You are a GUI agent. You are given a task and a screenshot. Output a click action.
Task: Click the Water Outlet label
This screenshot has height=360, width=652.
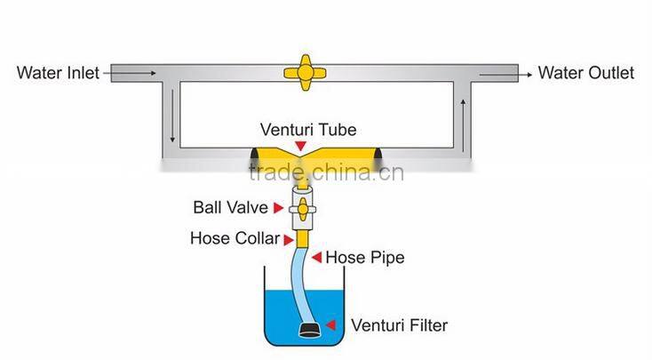click(586, 72)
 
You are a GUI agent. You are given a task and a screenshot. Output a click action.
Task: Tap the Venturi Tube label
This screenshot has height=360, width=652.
click(301, 128)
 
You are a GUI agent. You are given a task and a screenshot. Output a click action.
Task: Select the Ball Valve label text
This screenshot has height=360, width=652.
click(231, 208)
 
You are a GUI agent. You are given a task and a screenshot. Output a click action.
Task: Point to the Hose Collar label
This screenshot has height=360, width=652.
click(235, 238)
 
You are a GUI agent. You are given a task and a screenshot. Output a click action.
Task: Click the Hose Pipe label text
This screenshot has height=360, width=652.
click(365, 258)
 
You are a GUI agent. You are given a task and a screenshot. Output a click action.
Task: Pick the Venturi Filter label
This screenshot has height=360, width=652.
click(400, 325)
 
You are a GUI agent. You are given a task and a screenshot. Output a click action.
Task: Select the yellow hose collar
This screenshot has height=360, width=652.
click(302, 237)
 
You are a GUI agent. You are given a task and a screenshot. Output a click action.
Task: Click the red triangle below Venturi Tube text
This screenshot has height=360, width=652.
click(302, 145)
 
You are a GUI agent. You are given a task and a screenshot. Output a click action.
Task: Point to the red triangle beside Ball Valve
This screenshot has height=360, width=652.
click(278, 208)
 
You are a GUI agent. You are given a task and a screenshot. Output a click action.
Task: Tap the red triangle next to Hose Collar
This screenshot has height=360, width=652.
click(288, 238)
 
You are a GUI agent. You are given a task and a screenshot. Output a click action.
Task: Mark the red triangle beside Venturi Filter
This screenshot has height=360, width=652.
click(332, 325)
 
